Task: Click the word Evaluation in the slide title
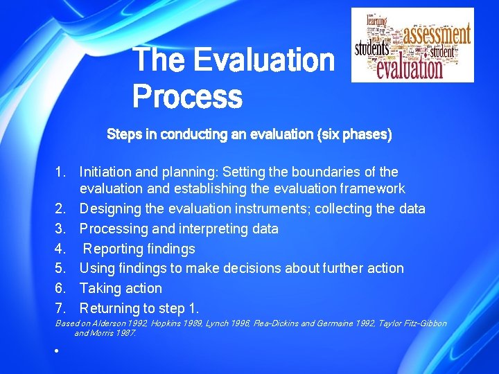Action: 263,60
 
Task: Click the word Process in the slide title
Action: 187,96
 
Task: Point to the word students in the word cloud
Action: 372,49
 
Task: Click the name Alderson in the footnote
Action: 105,323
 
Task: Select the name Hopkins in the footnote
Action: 170,323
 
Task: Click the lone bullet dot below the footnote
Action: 55,350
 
